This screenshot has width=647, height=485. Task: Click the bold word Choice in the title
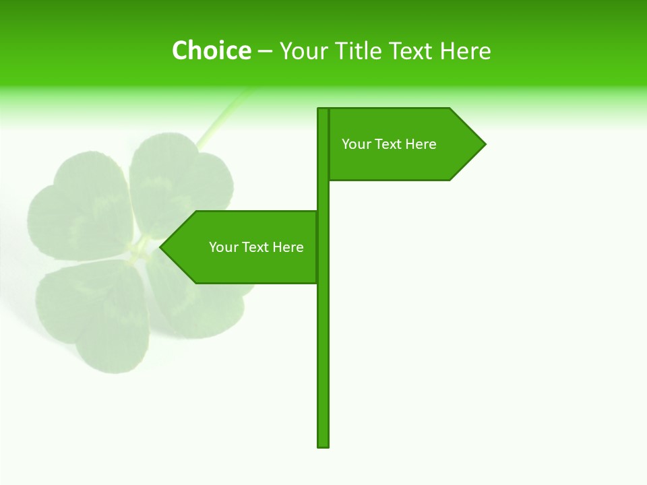(211, 51)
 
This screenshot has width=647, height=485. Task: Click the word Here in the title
(466, 51)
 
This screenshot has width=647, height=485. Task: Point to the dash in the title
(265, 51)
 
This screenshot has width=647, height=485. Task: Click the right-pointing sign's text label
(389, 144)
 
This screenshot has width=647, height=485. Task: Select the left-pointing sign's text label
(256, 247)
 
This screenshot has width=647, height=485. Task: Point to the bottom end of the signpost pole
(323, 445)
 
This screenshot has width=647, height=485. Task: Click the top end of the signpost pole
(323, 110)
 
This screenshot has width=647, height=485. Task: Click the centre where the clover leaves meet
(140, 251)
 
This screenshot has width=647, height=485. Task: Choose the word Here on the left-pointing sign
(288, 247)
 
